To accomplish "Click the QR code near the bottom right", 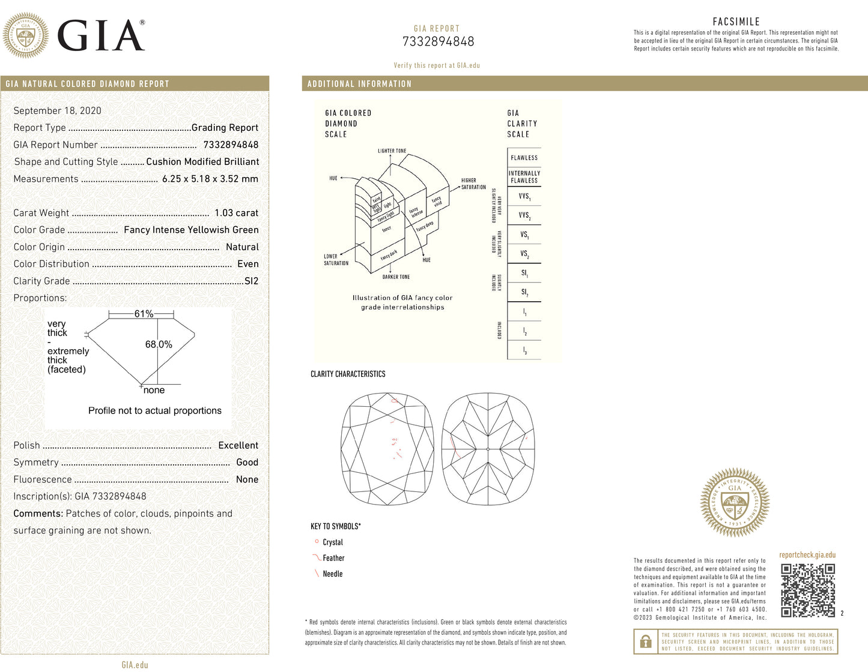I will [x=808, y=590].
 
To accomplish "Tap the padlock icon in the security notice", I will [x=646, y=641].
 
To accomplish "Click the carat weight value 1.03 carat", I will [x=236, y=213].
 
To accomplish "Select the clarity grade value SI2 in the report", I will [x=251, y=281].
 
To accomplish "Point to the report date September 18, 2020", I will [x=57, y=110].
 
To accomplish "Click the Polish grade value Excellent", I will [x=238, y=445].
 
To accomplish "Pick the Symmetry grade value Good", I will [x=247, y=462].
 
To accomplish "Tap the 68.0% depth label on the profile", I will [x=159, y=344].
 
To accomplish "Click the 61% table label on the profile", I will [x=144, y=314].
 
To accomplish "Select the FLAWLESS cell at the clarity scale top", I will [x=524, y=158].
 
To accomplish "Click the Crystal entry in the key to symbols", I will [x=332, y=542].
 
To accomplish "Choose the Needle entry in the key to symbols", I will [x=332, y=574].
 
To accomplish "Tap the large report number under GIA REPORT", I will [x=438, y=41].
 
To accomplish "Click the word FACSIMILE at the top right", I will [x=736, y=22].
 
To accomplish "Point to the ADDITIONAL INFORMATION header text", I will [x=359, y=84].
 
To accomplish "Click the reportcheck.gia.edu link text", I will [x=807, y=555].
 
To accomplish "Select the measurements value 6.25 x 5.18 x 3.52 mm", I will [x=210, y=179].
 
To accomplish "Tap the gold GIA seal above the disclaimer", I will [x=735, y=502].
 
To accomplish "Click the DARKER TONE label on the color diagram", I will [x=396, y=277].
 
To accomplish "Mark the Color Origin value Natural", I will [x=242, y=247].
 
